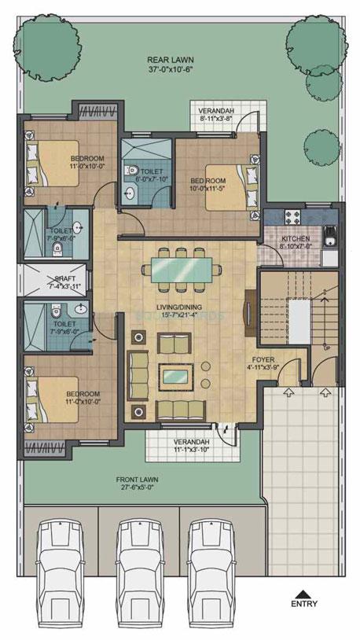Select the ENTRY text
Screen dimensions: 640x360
tap(304, 605)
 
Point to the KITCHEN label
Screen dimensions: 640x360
tap(296, 238)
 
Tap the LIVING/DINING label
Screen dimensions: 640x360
tap(175, 305)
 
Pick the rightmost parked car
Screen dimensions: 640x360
tap(219, 561)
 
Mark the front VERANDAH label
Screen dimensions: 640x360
tap(192, 442)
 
